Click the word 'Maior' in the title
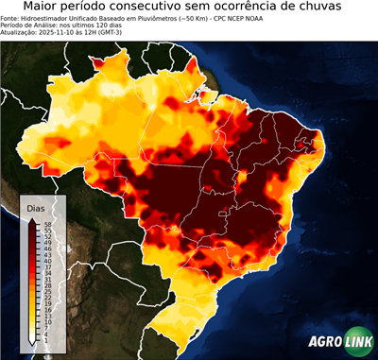pyautogui.click(x=34, y=8)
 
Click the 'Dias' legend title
pyautogui.click(x=36, y=208)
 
